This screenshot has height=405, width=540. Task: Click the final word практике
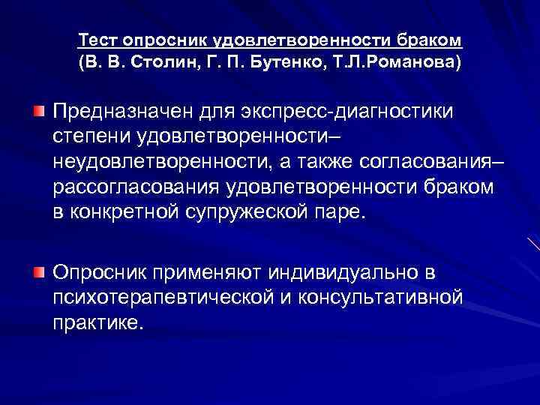[97, 322]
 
